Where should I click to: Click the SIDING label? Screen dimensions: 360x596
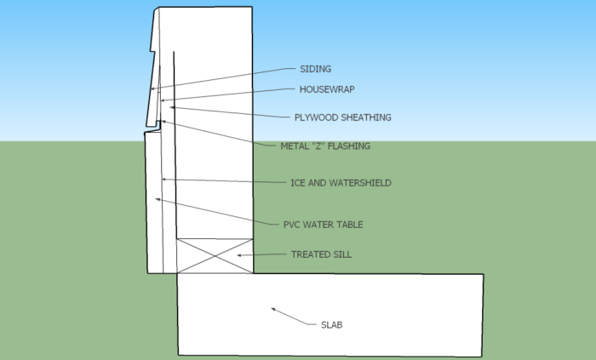(315, 69)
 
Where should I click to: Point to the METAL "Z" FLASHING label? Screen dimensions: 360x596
(325, 146)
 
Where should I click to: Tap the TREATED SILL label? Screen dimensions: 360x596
(321, 254)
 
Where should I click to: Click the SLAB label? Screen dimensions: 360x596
(330, 324)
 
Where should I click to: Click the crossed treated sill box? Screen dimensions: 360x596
(214, 255)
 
